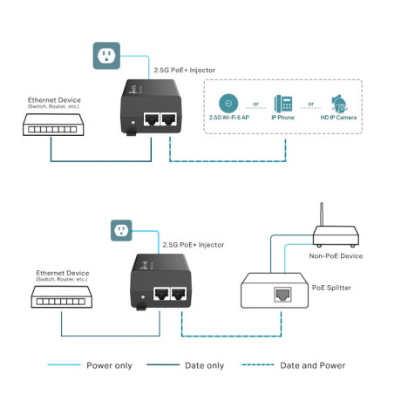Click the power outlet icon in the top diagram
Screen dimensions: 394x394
pyautogui.click(x=105, y=57)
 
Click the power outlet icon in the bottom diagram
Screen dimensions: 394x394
pyautogui.click(x=123, y=231)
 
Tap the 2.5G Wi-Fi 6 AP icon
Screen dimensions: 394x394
pyautogui.click(x=228, y=100)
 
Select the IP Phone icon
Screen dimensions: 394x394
pyautogui.click(x=283, y=101)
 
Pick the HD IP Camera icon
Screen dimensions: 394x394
pyautogui.click(x=340, y=101)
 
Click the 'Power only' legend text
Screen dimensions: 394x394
pyautogui.click(x=109, y=365)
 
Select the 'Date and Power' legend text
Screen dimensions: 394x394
pyautogui.click(x=311, y=365)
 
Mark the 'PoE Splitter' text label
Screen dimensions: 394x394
pyautogui.click(x=332, y=284)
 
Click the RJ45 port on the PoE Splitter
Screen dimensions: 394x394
pyautogui.click(x=282, y=295)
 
